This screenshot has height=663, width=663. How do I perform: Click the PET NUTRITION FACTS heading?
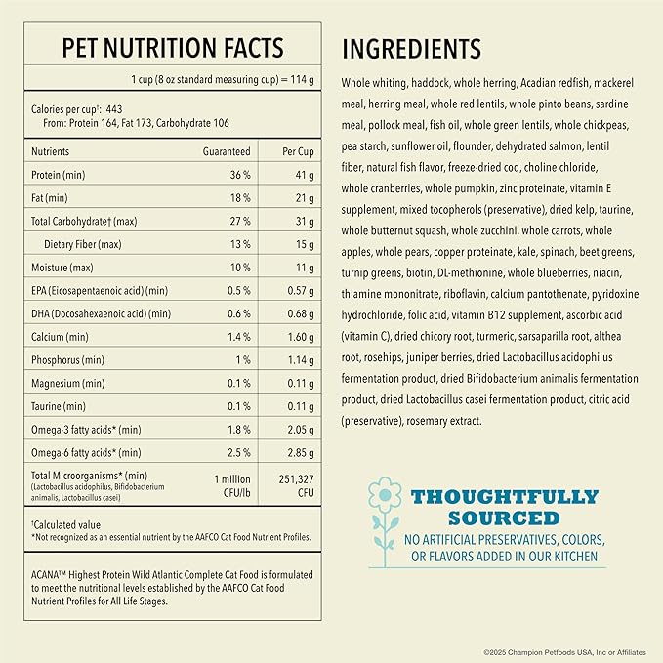(172, 48)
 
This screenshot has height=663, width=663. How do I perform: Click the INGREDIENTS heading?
(411, 49)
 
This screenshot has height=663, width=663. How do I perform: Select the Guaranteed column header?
(227, 152)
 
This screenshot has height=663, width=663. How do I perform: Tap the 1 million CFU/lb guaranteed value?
(231, 485)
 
